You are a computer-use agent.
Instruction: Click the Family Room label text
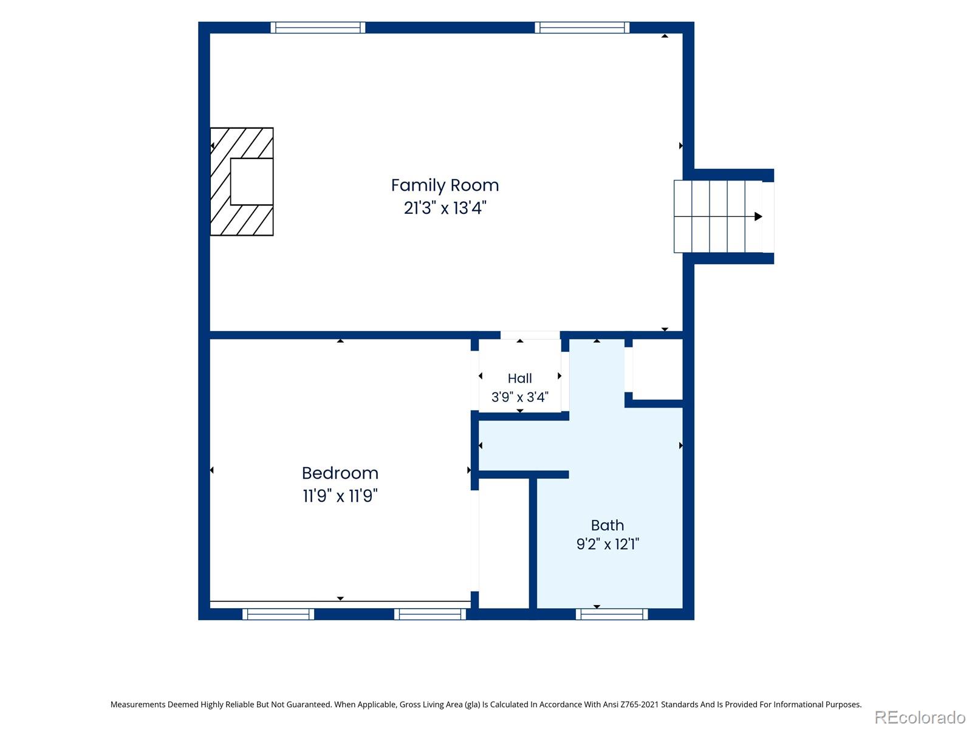pos(445,185)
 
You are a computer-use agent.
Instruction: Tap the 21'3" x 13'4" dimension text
pos(445,208)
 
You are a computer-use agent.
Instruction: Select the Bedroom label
pos(340,473)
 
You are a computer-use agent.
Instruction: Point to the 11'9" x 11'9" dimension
pos(340,496)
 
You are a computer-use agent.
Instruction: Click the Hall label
pos(519,378)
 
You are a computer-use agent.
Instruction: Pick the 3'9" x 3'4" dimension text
pos(519,397)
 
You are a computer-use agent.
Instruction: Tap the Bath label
pos(607,525)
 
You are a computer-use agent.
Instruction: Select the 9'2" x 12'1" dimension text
pos(607,544)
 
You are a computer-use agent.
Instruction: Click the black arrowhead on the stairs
pos(758,216)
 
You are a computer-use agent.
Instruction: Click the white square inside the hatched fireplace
pos(252,182)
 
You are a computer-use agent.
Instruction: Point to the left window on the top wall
pos(318,27)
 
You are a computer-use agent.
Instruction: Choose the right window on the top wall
pos(581,27)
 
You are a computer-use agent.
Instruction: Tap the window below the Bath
pos(611,614)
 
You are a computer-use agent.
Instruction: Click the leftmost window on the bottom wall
pos(278,614)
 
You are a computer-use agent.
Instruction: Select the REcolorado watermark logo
pos(920,717)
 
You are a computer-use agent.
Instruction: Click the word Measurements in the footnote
pos(138,704)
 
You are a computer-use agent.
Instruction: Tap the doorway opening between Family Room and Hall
pos(530,335)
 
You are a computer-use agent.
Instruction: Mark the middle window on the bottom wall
pos(430,614)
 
